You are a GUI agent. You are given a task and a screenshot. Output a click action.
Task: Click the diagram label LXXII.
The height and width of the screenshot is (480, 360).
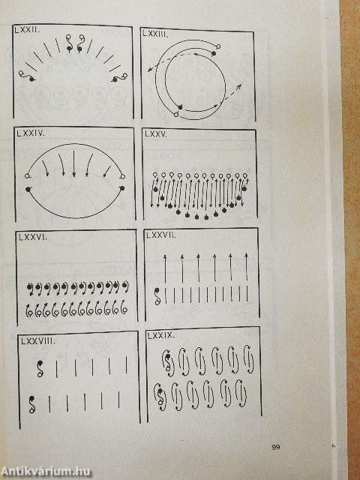(x=27, y=31)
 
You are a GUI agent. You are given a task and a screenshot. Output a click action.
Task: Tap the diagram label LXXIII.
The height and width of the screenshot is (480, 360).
(x=155, y=34)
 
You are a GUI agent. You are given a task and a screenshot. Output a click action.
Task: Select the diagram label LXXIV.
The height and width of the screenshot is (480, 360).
(x=31, y=133)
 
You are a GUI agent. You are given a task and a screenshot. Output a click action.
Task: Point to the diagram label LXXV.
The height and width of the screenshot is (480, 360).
(x=156, y=134)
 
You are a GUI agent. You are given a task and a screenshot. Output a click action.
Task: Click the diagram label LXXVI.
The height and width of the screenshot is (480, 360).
(x=33, y=237)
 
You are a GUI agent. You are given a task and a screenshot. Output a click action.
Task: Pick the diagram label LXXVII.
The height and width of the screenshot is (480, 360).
(x=161, y=235)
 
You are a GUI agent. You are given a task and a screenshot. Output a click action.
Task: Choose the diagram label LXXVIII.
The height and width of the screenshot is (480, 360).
(x=38, y=341)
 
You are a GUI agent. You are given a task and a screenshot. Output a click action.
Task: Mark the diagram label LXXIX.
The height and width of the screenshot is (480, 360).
(x=160, y=335)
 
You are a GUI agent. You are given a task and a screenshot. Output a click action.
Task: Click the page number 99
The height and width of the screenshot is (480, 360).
(x=276, y=447)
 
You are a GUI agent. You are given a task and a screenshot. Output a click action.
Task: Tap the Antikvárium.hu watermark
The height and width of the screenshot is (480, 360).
(x=46, y=472)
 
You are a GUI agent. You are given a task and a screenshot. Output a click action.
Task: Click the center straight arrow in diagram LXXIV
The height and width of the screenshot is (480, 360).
(x=73, y=163)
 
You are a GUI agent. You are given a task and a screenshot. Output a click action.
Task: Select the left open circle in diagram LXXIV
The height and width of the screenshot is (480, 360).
(x=27, y=176)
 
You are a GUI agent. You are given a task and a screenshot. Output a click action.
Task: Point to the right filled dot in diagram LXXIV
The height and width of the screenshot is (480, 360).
(x=122, y=188)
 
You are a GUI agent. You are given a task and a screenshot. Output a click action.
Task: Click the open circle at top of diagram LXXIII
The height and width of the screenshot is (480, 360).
(x=218, y=46)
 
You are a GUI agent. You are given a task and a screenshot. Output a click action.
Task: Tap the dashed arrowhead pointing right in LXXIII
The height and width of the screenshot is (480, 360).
(x=239, y=86)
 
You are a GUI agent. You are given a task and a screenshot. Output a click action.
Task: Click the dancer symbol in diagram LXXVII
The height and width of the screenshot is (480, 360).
(x=157, y=296)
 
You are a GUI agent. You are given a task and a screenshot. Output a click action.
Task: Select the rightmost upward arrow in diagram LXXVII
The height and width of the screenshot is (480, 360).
(x=247, y=267)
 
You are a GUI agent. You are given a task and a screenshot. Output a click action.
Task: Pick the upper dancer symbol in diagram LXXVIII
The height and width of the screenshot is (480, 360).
(x=40, y=368)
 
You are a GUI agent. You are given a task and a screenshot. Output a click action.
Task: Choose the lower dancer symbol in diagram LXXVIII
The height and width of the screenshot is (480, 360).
(x=31, y=404)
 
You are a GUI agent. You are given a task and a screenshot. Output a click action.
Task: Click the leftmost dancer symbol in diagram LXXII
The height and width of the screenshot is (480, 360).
(x=27, y=76)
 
